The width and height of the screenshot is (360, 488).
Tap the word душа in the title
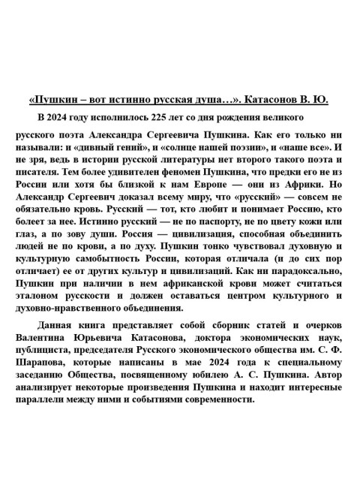pyautogui.click(x=187, y=99)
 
